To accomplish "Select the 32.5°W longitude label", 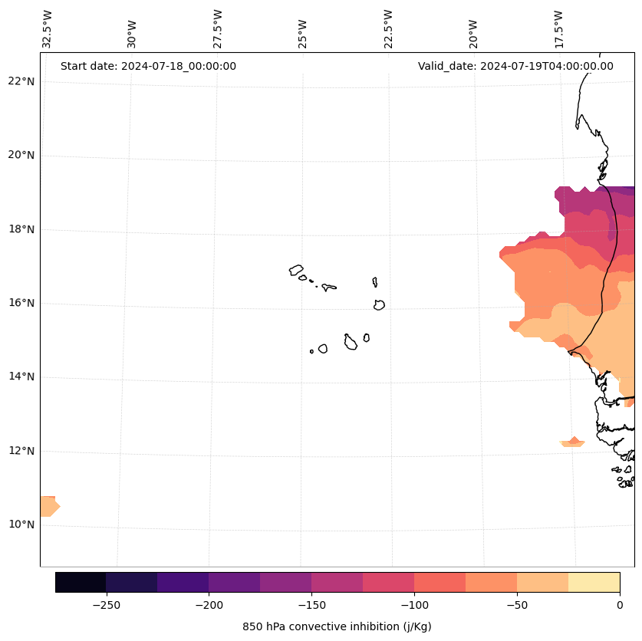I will [48, 28].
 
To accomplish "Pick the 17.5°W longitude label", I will [559, 28].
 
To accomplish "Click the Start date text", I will [148, 66].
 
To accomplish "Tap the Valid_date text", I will [515, 66].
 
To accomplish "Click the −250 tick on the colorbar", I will [106, 605].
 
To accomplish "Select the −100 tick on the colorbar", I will [414, 605].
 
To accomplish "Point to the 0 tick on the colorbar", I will [620, 605].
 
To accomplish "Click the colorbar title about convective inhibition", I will [337, 626].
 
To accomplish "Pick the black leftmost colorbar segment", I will [81, 582].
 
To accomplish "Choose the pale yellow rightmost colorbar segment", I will [594, 582].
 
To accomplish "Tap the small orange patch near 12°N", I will [573, 442].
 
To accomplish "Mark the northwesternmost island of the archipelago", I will [296, 270].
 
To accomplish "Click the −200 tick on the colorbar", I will [209, 605].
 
